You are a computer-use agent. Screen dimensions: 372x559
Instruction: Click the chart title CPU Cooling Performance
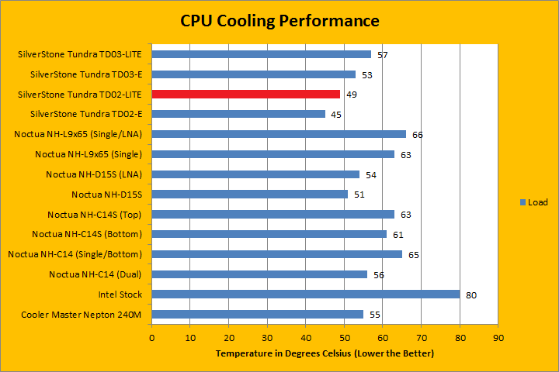pos(280,20)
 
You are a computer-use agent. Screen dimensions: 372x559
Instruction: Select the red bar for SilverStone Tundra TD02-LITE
pos(246,94)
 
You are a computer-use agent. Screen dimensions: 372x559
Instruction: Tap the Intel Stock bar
pos(306,294)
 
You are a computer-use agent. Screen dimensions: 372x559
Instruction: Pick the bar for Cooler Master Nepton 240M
pos(258,314)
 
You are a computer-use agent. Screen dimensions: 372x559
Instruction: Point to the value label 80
pos(471,294)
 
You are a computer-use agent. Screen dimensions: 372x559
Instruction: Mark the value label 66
pos(418,135)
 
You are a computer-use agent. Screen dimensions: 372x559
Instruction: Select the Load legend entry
pos(533,203)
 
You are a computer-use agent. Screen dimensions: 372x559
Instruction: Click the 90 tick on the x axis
pos(498,337)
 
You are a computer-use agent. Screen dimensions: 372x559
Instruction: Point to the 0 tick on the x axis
pos(152,337)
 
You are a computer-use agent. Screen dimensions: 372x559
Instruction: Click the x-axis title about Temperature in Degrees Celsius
pos(325,353)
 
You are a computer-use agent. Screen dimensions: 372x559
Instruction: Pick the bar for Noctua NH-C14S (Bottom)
pos(269,234)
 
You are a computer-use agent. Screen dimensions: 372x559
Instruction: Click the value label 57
pos(383,55)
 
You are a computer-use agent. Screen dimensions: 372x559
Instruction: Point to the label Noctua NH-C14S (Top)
pos(97,214)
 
